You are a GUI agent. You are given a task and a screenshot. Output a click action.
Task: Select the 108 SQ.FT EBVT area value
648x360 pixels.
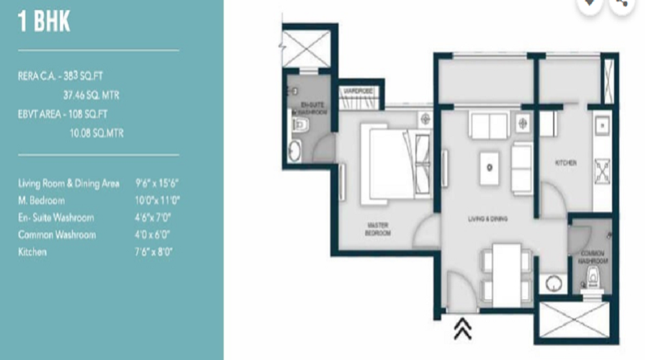tap(96, 114)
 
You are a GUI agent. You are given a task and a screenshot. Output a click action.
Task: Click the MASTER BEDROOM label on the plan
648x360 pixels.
tap(377, 229)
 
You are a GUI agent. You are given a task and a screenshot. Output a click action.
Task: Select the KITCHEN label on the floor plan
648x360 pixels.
tap(565, 163)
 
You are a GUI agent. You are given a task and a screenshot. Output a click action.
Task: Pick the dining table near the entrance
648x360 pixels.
tap(508, 271)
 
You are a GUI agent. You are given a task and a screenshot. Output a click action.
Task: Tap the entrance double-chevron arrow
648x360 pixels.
tap(462, 329)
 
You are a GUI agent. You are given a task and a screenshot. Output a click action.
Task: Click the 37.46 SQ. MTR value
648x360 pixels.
tap(92, 93)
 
